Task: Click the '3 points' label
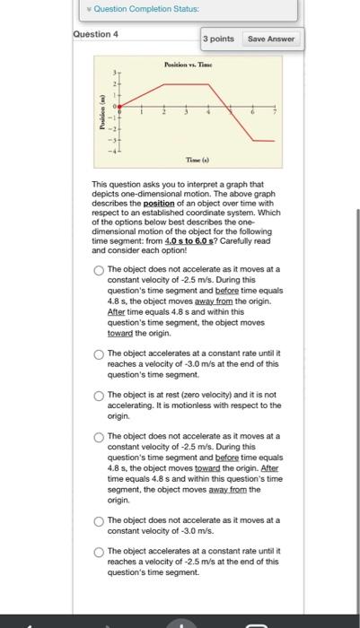[x=218, y=39]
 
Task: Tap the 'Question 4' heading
[x=95, y=34]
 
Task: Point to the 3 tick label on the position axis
[x=112, y=72]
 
